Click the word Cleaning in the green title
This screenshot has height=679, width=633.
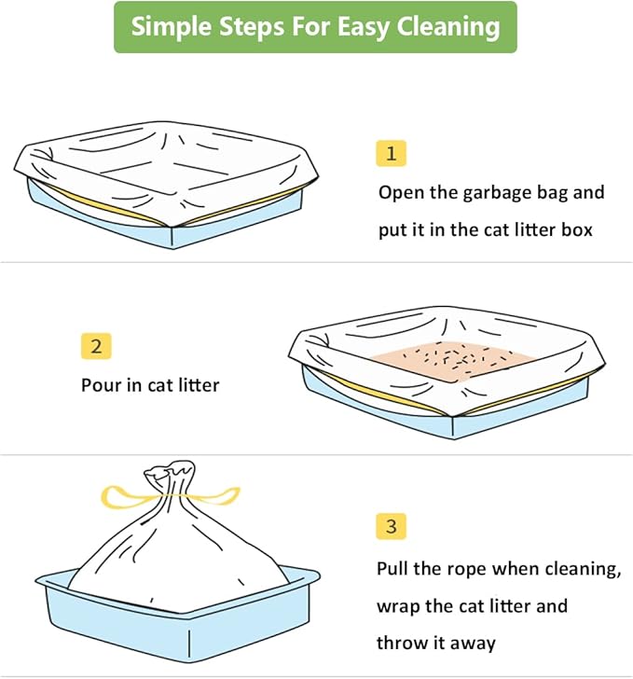coord(444,26)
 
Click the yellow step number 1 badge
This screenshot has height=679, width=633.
coord(391,153)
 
